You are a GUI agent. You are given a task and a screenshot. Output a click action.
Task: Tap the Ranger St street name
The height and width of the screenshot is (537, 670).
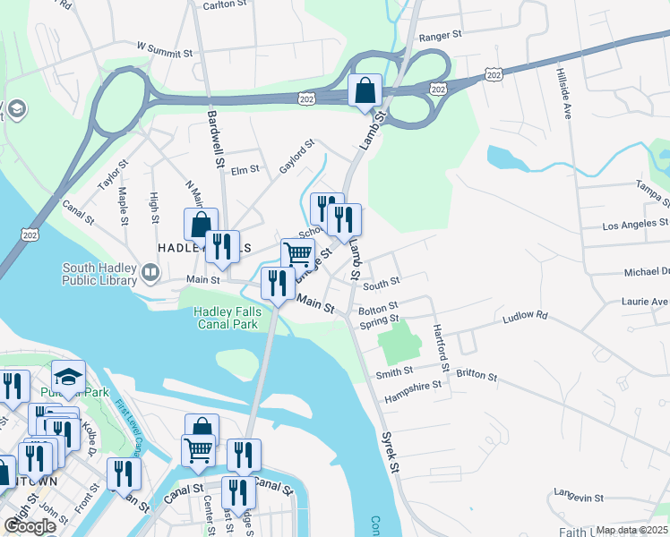click(440, 36)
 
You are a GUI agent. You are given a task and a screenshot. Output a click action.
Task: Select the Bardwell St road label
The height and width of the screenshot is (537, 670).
click(214, 139)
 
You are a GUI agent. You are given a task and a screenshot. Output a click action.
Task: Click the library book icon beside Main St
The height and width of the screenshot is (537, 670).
click(149, 270)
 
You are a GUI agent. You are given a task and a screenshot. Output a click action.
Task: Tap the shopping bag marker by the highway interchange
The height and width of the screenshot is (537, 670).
click(365, 90)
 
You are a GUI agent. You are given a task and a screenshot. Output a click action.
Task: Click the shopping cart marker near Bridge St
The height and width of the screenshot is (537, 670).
click(297, 254)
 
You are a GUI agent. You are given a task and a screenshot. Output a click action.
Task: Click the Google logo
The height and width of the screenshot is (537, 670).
click(30, 526)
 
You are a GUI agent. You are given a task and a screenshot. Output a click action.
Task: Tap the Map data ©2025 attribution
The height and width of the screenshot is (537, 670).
click(631, 530)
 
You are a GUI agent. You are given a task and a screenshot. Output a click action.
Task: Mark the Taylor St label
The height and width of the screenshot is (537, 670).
click(108, 174)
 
